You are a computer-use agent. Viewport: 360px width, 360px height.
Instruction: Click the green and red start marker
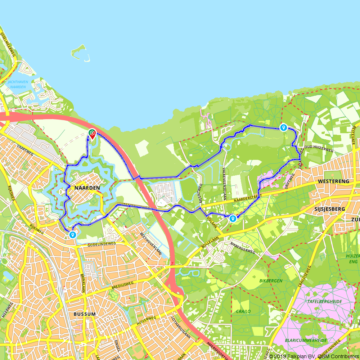pos(92,134)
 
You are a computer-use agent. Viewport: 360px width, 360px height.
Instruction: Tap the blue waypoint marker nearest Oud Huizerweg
pos(284,127)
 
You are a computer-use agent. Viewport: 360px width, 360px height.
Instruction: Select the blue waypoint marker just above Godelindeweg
pos(73,235)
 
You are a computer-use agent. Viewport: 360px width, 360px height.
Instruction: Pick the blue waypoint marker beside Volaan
pos(233,218)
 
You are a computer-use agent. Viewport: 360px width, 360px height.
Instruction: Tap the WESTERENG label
pos(334,181)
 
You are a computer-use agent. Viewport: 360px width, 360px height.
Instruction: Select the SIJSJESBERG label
pos(329,209)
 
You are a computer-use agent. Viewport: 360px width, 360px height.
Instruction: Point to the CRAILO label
pos(243,311)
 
